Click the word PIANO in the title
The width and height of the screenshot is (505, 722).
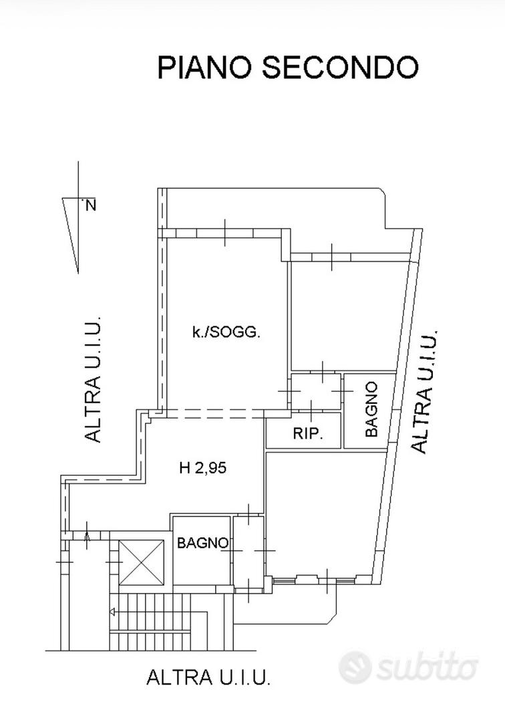click(x=204, y=68)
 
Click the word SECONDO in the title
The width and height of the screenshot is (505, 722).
click(x=341, y=68)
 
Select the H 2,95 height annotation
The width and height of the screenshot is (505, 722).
click(x=202, y=468)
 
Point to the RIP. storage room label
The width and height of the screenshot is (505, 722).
click(x=308, y=433)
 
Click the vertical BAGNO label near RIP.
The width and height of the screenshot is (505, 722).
click(x=371, y=409)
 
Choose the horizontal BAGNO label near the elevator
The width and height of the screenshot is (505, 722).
click(x=202, y=543)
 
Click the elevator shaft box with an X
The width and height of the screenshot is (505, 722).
click(x=141, y=563)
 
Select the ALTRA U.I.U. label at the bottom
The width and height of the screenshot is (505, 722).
click(x=208, y=677)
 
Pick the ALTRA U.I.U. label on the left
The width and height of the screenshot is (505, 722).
click(x=92, y=379)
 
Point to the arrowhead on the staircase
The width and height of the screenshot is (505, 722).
click(x=112, y=612)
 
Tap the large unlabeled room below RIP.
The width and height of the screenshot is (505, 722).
click(x=324, y=513)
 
